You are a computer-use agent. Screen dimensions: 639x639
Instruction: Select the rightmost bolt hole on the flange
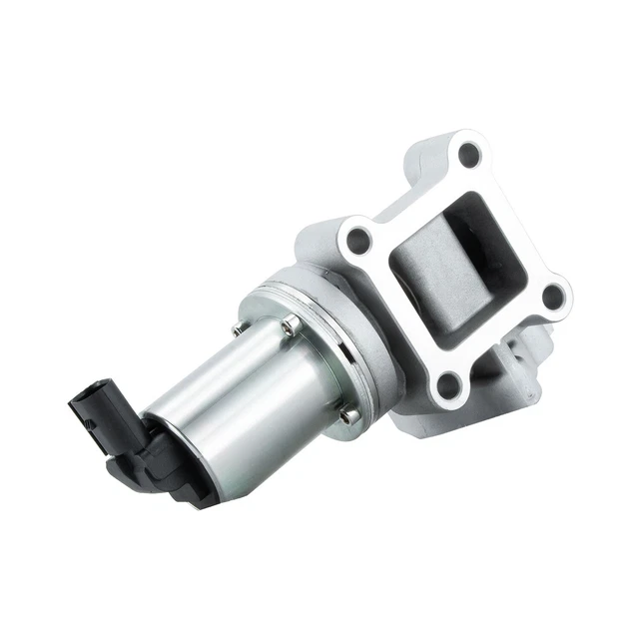tap(551, 296)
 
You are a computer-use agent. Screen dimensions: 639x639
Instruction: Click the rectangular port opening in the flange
tap(454, 265)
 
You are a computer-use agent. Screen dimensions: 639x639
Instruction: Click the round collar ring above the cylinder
tap(329, 329)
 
